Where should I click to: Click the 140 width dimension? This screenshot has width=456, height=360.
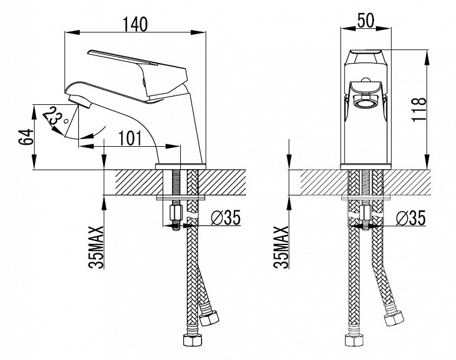tap(134, 24)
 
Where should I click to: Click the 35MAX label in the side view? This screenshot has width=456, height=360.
tap(98, 247)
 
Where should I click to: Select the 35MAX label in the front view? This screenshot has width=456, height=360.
tap(283, 247)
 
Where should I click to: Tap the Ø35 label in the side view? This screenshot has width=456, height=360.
tap(224, 218)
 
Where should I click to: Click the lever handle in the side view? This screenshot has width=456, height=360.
tap(136, 62)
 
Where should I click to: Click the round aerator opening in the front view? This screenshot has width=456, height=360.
tap(366, 104)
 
